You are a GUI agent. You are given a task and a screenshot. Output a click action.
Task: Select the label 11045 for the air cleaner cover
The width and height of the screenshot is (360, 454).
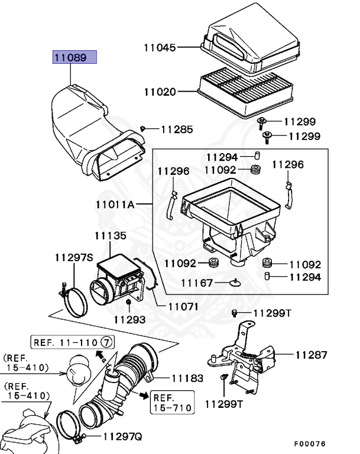[x=160, y=47]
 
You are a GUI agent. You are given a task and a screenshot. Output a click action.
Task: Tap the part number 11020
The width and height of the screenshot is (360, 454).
[x=160, y=92]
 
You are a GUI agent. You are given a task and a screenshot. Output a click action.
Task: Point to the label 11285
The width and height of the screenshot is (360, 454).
[x=177, y=128]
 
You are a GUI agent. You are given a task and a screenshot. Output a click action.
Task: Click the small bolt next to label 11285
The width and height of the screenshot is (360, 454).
[x=143, y=128]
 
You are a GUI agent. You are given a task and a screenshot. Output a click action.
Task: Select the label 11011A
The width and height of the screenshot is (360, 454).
[x=115, y=205]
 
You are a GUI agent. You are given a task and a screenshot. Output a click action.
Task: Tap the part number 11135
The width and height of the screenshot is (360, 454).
[x=110, y=236]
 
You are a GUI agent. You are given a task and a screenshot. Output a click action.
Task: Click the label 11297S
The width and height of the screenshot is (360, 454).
[x=74, y=257]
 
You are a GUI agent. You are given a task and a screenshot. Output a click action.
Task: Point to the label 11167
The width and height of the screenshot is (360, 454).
[x=197, y=283]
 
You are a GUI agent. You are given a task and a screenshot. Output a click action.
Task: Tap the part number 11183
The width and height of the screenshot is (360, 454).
[x=188, y=378]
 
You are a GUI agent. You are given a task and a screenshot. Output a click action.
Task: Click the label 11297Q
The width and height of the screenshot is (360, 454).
[x=123, y=437]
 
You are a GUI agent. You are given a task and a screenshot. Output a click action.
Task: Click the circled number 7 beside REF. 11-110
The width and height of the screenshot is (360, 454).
[x=106, y=342]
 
